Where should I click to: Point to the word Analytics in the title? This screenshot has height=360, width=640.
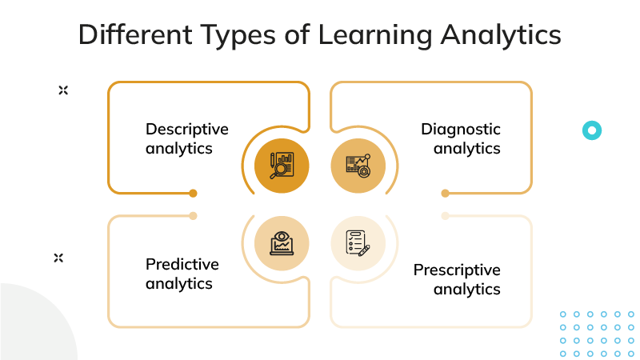pyautogui.click(x=502, y=36)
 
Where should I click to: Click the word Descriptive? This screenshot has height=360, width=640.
pyautogui.click(x=186, y=130)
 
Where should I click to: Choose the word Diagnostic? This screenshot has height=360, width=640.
pyautogui.click(x=461, y=130)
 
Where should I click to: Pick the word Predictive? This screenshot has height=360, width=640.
pyautogui.click(x=182, y=265)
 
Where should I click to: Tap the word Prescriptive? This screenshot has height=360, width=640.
pyautogui.click(x=457, y=270)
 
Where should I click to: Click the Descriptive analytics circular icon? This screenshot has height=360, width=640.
pyautogui.click(x=281, y=166)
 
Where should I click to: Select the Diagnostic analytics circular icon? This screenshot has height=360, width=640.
pyautogui.click(x=358, y=166)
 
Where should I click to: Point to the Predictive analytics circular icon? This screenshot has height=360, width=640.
pyautogui.click(x=281, y=242)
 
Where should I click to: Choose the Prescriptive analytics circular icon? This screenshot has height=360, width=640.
pyautogui.click(x=358, y=242)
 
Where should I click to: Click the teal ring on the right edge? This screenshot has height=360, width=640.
pyautogui.click(x=592, y=130)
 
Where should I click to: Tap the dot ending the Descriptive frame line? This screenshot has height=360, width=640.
pyautogui.click(x=193, y=193)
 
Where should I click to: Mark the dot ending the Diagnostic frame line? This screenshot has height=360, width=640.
pyautogui.click(x=445, y=193)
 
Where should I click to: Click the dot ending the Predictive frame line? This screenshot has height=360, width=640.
pyautogui.click(x=193, y=215)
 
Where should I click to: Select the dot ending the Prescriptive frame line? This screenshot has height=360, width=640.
pyautogui.click(x=445, y=215)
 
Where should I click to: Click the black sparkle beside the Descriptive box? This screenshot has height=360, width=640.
pyautogui.click(x=63, y=90)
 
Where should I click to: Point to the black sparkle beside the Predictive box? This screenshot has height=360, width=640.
pyautogui.click(x=58, y=258)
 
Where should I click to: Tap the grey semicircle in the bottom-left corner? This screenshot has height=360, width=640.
pyautogui.click(x=32, y=328)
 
